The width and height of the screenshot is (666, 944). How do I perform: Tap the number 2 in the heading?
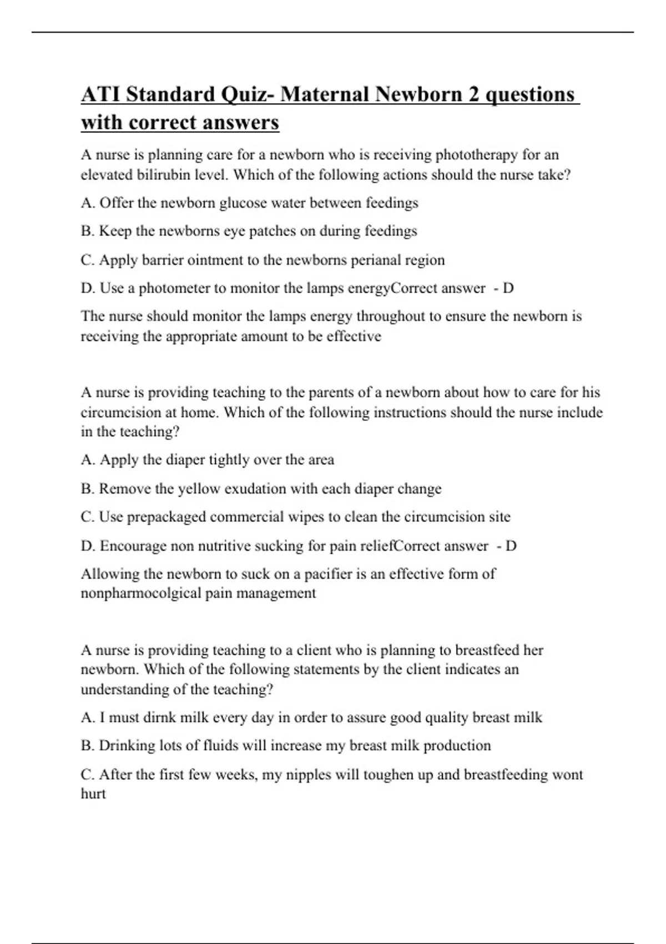(473, 94)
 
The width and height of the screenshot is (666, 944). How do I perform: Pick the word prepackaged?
(167, 518)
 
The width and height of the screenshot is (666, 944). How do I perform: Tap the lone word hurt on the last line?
(93, 794)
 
